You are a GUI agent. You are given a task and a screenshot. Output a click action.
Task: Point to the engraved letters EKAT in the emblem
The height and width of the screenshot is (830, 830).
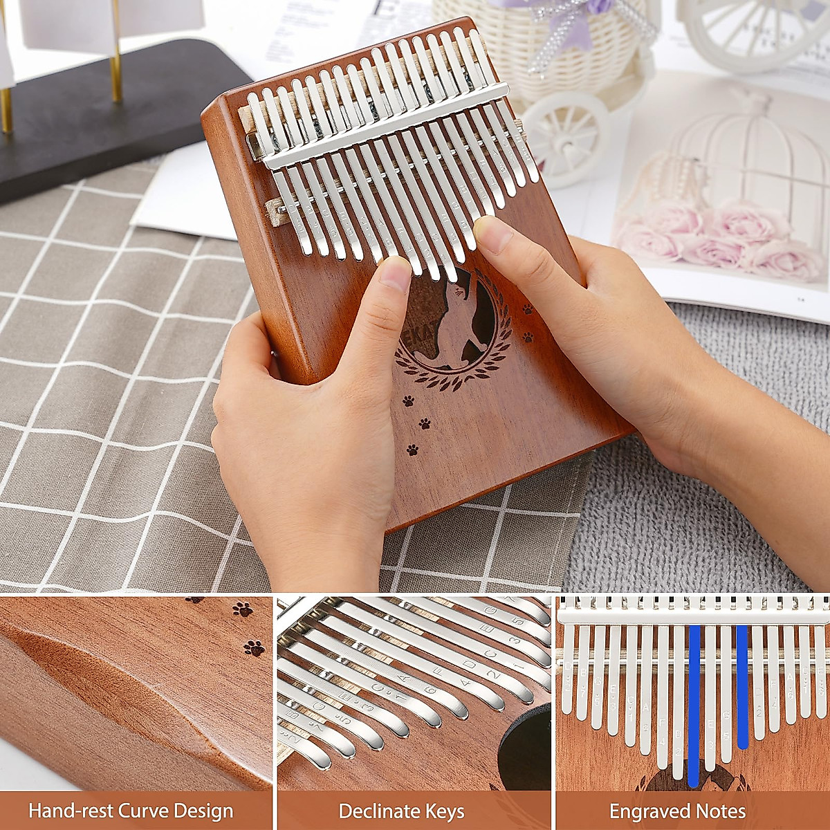[413, 338]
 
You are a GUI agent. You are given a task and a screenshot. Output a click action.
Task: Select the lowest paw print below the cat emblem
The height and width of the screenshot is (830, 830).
[412, 450]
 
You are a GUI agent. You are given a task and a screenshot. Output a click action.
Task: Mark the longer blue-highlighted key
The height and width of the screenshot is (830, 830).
[694, 705]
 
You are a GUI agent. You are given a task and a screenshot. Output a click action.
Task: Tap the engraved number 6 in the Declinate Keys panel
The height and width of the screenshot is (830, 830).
[430, 689]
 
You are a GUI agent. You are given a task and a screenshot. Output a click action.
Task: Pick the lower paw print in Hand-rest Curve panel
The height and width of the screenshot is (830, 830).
[254, 648]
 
